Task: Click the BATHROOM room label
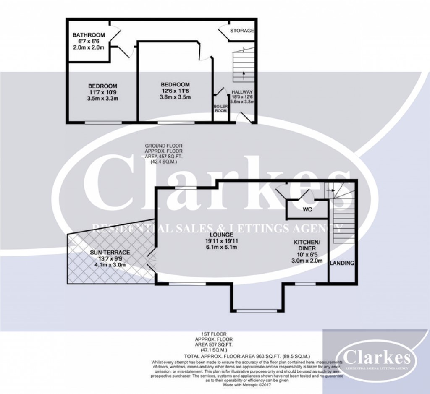click(88, 35)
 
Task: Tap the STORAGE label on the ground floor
click(242, 31)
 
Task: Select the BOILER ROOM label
click(221, 108)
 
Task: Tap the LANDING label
click(342, 263)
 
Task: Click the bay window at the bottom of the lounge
click(257, 311)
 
